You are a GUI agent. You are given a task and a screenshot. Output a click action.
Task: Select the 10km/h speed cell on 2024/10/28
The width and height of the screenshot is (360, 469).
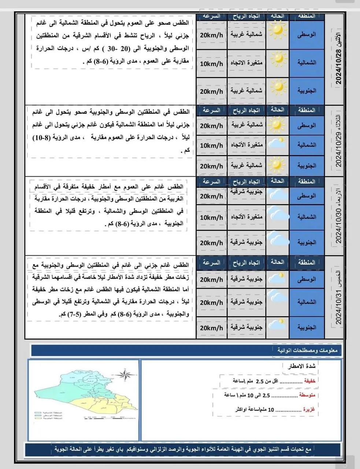211,64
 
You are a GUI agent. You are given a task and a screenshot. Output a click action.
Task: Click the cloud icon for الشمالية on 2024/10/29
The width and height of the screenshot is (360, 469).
277,144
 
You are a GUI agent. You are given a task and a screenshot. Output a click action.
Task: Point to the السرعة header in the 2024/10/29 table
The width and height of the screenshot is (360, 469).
211,110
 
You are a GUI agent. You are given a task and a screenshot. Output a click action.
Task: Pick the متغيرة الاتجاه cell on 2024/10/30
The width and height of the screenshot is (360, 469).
246,217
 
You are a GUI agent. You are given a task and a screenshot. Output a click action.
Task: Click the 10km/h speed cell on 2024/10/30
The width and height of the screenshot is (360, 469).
211,217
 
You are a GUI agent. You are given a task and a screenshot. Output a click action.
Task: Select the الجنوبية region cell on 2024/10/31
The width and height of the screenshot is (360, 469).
307,327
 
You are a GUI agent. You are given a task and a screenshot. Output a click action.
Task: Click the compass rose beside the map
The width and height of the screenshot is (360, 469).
127,375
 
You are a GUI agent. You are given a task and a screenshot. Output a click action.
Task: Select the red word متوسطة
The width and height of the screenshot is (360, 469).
307,395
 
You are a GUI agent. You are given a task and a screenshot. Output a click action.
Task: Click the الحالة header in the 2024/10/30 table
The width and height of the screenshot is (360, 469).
277,181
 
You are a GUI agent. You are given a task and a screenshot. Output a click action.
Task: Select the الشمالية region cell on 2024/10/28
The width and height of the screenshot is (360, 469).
307,63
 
